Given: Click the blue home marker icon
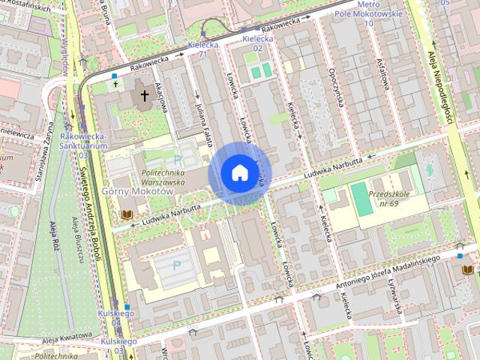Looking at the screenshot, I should coord(239,173).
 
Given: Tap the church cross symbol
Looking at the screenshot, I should coord(142,97).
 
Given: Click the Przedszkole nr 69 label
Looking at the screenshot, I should coord(388,198).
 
